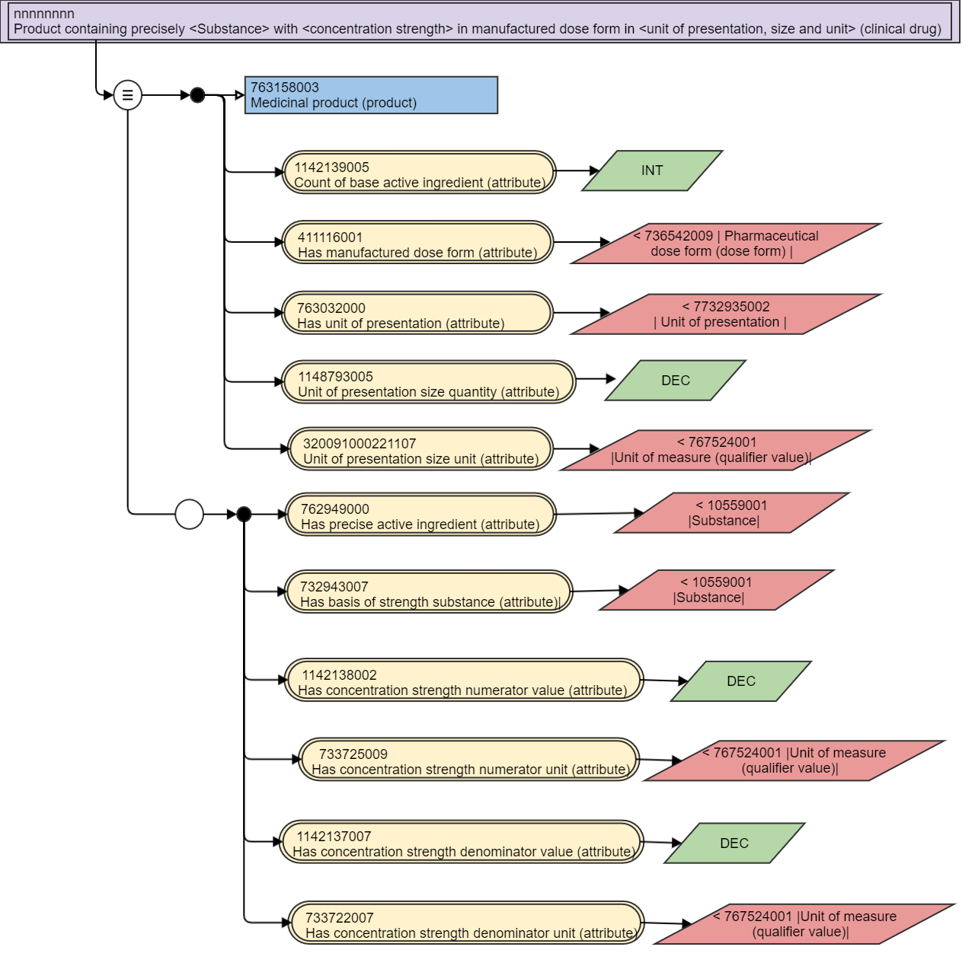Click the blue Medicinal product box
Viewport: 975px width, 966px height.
pyautogui.click(x=371, y=95)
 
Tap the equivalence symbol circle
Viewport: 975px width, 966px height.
pyautogui.click(x=127, y=94)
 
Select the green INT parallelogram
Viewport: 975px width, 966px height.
pyautogui.click(x=652, y=171)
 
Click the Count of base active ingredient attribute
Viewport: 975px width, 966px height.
pyautogui.click(x=419, y=172)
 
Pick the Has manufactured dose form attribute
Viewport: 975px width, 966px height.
pyautogui.click(x=417, y=242)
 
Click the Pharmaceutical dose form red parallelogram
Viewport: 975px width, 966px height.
pyautogui.click(x=726, y=244)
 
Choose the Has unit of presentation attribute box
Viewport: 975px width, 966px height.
pyautogui.click(x=417, y=313)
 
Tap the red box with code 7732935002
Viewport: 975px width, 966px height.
pyautogui.click(x=726, y=314)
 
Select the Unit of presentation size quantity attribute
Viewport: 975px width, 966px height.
pyautogui.click(x=429, y=382)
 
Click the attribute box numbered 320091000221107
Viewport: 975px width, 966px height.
pyautogui.click(x=420, y=448)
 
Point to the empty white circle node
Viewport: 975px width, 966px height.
pyautogui.click(x=189, y=515)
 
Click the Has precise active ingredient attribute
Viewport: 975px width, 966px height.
pyautogui.click(x=420, y=515)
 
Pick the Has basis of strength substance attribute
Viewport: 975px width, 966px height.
pyautogui.click(x=429, y=591)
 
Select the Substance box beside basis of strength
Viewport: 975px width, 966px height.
pyautogui.click(x=717, y=590)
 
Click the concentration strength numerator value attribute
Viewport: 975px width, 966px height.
pyautogui.click(x=464, y=681)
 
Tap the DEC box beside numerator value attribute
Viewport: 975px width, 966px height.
pyautogui.click(x=741, y=681)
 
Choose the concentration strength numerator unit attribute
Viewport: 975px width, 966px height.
pyautogui.click(x=469, y=759)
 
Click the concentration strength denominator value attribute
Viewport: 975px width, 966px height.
pyautogui.click(x=462, y=842)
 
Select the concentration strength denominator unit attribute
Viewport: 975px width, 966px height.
pyautogui.click(x=466, y=923)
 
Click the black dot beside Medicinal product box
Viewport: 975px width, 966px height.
pyautogui.click(x=197, y=95)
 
